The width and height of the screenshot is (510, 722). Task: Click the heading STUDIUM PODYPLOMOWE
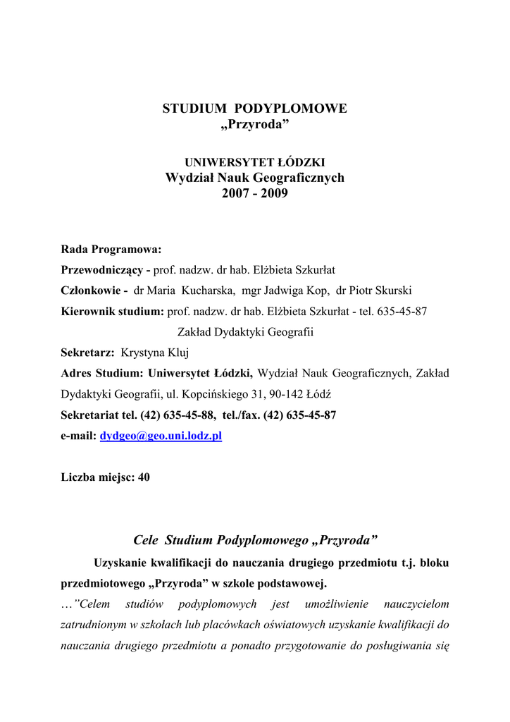click(x=254, y=109)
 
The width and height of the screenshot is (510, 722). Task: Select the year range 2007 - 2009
click(x=254, y=193)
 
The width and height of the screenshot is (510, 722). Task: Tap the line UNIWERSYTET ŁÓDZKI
click(x=254, y=162)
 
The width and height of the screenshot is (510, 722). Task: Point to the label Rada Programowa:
click(x=111, y=249)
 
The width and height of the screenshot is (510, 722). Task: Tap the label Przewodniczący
click(x=104, y=270)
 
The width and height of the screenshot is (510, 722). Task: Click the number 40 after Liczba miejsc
click(x=144, y=477)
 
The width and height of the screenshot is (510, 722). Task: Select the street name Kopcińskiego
click(x=216, y=395)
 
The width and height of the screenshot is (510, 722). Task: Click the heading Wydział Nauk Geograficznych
click(x=254, y=178)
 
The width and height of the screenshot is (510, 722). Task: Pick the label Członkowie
click(x=91, y=290)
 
